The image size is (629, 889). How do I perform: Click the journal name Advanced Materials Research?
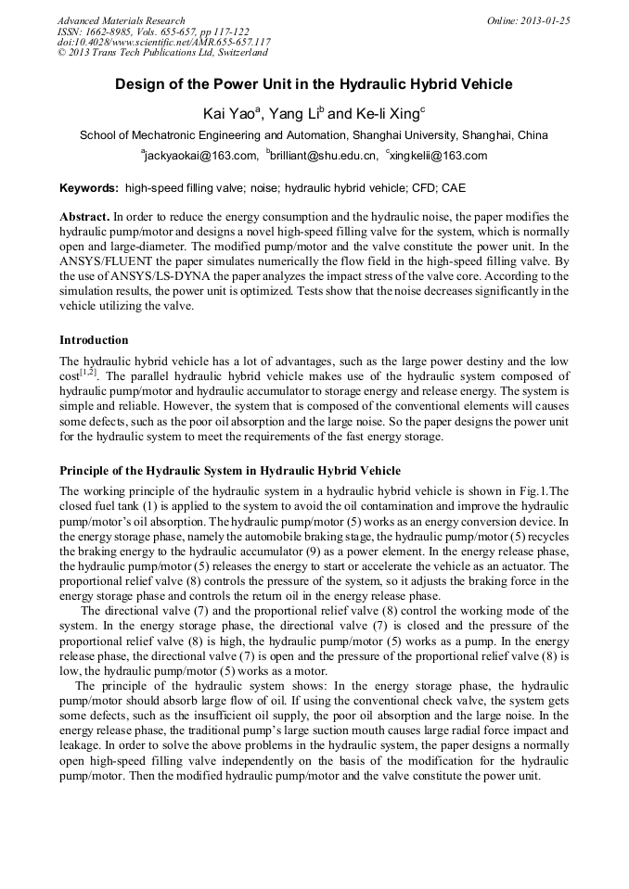pyautogui.click(x=121, y=20)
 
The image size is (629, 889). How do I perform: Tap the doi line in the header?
pyautogui.click(x=163, y=43)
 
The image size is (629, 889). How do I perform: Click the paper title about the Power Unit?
pyautogui.click(x=314, y=84)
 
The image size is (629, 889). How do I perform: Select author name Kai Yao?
pyautogui.click(x=231, y=113)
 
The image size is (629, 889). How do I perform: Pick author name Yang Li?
pyautogui.click(x=294, y=113)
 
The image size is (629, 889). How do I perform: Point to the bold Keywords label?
pyautogui.click(x=89, y=188)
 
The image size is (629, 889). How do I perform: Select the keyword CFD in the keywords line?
pyautogui.click(x=414, y=188)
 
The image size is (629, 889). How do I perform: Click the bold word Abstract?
pyautogui.click(x=84, y=216)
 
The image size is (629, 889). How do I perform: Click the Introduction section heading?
pyautogui.click(x=94, y=340)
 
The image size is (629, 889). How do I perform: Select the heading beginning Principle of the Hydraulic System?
pyautogui.click(x=230, y=471)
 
